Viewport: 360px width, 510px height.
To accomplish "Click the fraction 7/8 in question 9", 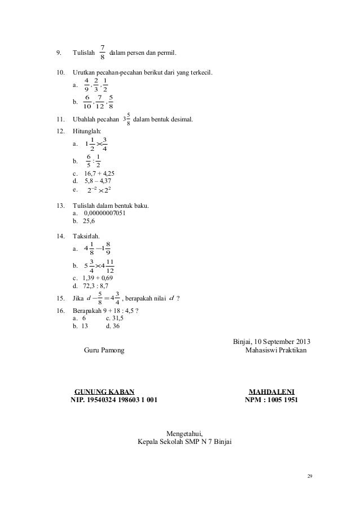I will [x=102, y=53].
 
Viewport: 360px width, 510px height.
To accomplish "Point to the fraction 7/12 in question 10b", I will [x=100, y=103].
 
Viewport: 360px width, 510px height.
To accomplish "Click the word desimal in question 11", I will [x=180, y=119].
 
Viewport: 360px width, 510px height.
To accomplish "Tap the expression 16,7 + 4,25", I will [x=99, y=173].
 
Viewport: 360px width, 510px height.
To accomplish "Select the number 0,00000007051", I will [x=108, y=213].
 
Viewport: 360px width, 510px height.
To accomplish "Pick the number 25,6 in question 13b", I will [x=91, y=221].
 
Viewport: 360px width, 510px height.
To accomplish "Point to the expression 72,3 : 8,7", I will [x=99, y=287].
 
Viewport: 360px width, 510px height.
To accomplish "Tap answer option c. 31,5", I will [x=115, y=317].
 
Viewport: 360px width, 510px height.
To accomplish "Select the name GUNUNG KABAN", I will [x=105, y=391].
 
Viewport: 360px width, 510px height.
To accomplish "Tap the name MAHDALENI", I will [x=272, y=391].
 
